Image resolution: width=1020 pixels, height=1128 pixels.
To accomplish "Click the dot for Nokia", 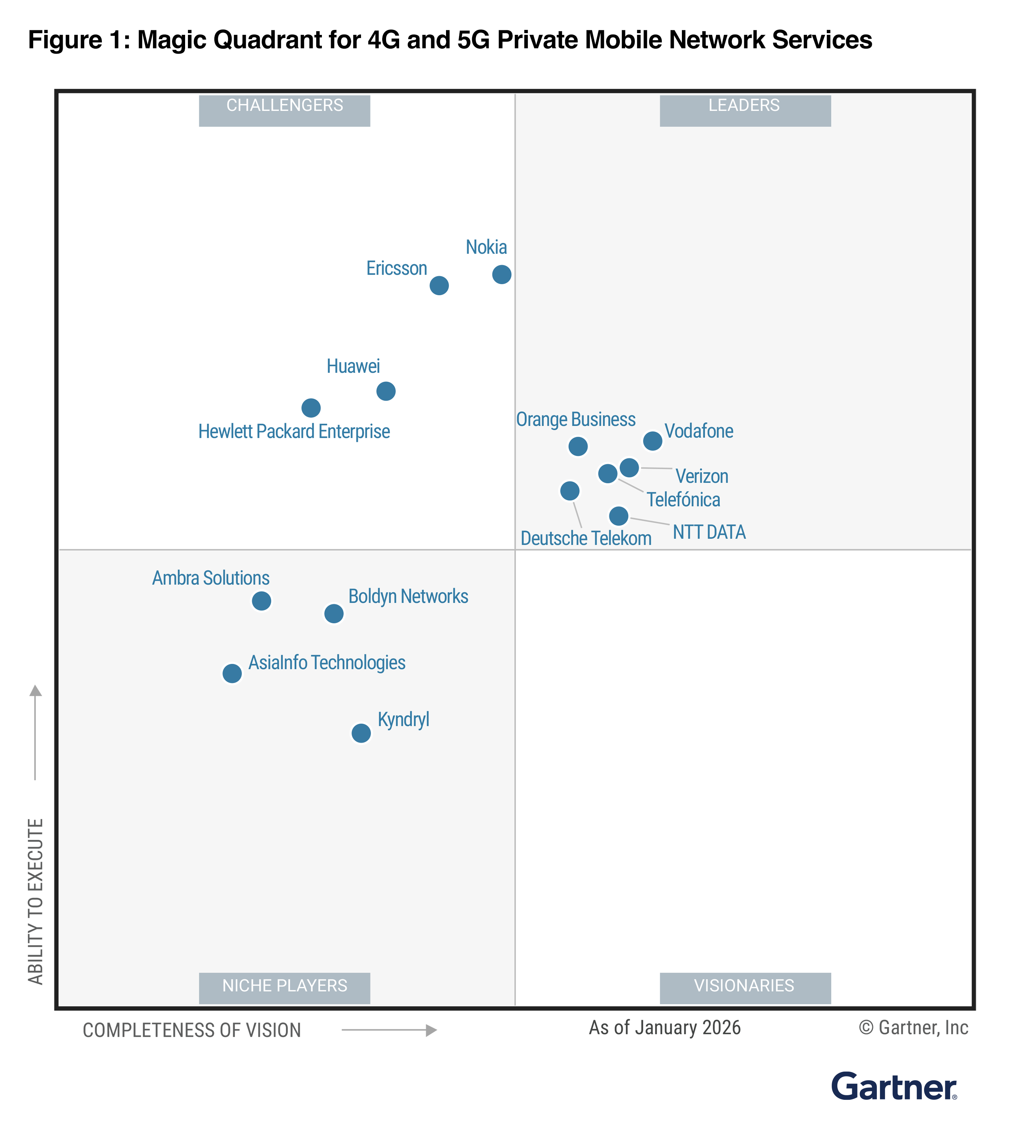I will pos(501,274).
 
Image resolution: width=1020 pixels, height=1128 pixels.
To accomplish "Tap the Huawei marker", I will pos(385,391).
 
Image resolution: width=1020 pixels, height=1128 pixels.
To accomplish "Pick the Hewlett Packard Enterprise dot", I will pos(311,407).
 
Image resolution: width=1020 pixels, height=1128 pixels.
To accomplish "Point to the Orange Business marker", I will pos(578,446).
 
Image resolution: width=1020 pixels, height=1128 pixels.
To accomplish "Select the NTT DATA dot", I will pos(618,515).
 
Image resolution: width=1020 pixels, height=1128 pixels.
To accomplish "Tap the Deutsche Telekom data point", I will pos(570,491).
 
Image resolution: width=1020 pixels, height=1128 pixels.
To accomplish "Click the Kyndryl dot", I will pos(361,732).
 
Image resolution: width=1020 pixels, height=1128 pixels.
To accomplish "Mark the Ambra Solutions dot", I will pos(261,600).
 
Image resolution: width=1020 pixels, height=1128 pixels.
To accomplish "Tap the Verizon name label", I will pos(702,476).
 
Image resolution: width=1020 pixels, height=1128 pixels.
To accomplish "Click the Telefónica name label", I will pos(683,499).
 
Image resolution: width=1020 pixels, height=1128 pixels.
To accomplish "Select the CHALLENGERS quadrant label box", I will pos(284,110).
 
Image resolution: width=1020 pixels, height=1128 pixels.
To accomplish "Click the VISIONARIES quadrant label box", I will pos(745,988).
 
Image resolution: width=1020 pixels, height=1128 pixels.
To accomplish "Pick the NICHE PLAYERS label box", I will pos(284,988).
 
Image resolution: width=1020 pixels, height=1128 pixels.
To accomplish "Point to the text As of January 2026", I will pos(664,1027).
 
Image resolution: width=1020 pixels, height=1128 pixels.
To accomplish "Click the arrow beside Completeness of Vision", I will pos(389,1030).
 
